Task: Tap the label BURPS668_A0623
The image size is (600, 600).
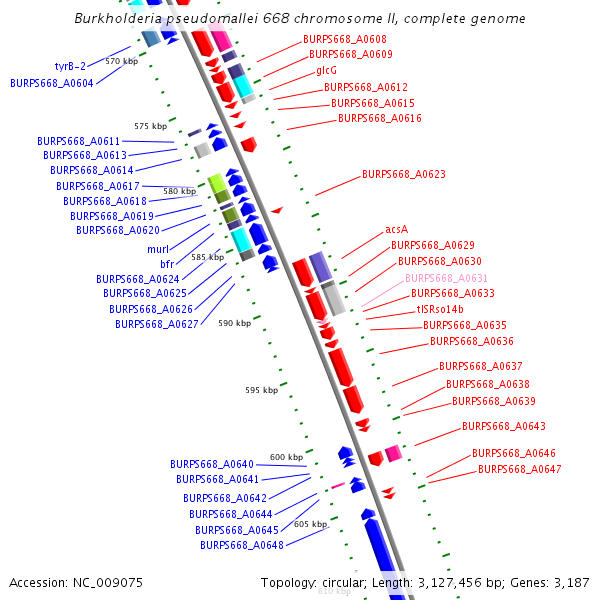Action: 403,174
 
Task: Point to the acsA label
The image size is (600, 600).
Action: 396,229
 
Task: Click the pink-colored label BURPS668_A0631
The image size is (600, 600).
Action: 446,278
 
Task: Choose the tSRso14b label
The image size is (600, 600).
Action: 440,310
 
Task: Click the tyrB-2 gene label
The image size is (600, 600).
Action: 71,66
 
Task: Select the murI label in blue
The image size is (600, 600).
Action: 158,248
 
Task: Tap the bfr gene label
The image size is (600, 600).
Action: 167,264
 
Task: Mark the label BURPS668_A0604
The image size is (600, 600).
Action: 52,83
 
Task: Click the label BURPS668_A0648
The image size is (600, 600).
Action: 242,545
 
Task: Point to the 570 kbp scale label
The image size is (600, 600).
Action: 121,62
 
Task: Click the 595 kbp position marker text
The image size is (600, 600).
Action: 261,390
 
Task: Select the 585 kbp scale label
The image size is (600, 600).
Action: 207,258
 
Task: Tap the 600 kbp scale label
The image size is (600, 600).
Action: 286,457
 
